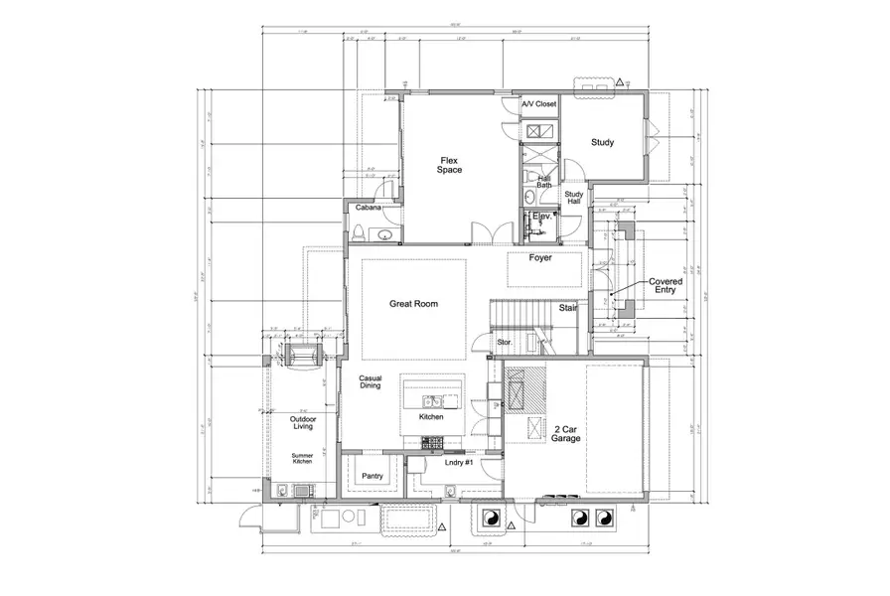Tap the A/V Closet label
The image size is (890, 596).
[539, 103]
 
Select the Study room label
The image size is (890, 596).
[602, 142]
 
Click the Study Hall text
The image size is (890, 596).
[573, 198]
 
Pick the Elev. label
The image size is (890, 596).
[542, 216]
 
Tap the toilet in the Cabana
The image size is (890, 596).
[357, 233]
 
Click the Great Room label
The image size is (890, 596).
[413, 304]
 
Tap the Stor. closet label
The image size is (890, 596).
[504, 343]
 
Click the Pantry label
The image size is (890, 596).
[372, 476]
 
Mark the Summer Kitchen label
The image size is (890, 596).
[303, 458]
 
